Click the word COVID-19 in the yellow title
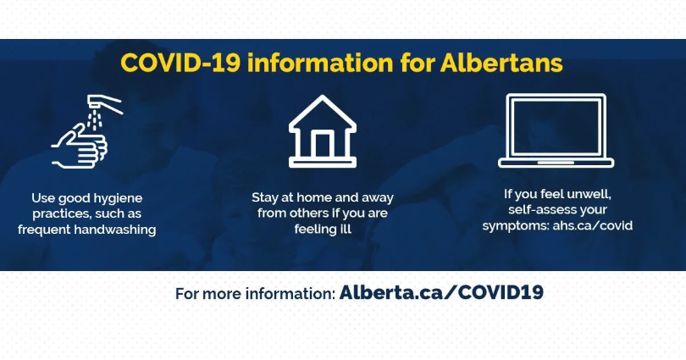[180, 63]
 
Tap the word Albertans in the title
[501, 63]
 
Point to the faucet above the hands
[104, 103]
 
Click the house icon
[323, 131]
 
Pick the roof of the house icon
[323, 113]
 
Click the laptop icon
[556, 130]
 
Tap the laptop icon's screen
[556, 127]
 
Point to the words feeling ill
[323, 230]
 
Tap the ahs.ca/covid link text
[592, 225]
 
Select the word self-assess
[534, 209]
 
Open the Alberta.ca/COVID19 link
[441, 292]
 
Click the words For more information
[256, 294]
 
